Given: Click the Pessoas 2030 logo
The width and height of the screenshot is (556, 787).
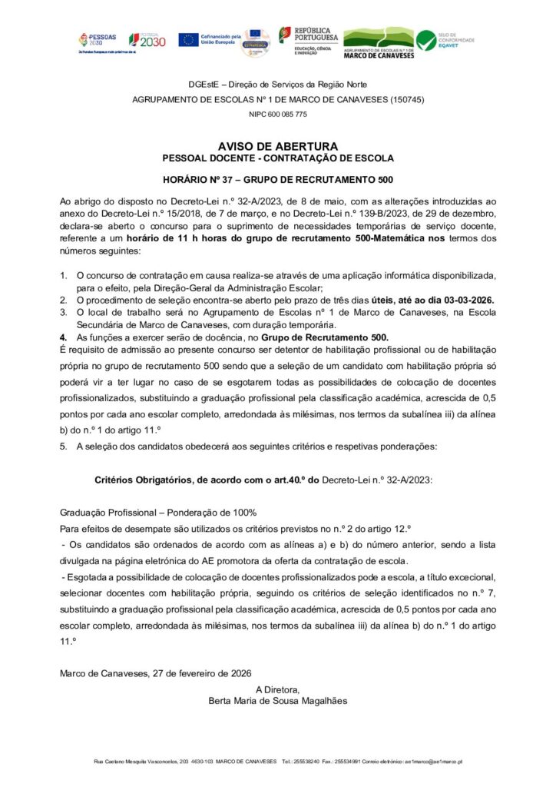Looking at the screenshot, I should (x=97, y=40).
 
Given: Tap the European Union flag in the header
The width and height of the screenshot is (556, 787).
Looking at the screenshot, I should (x=188, y=39).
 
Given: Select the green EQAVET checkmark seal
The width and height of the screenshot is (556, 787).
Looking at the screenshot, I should (x=425, y=40).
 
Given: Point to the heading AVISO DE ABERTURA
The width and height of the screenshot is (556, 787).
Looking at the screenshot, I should (x=277, y=146).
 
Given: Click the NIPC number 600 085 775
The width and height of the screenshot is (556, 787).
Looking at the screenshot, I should (x=277, y=115).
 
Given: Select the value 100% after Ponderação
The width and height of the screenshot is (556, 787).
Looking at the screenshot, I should (x=242, y=512).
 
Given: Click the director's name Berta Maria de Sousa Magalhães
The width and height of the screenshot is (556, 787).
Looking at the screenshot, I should (x=277, y=700).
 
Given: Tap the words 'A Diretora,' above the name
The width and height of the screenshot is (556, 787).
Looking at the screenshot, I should (x=277, y=689).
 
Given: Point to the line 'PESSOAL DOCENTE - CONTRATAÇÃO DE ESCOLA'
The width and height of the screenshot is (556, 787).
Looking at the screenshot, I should (x=277, y=158).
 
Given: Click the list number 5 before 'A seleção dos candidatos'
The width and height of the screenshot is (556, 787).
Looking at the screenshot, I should (x=63, y=447).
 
